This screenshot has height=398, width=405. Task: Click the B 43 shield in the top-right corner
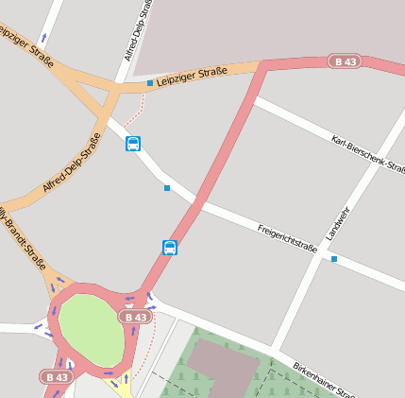click(344, 61)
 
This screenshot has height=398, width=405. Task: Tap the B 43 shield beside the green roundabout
click(135, 317)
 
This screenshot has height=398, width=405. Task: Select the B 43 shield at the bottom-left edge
click(56, 376)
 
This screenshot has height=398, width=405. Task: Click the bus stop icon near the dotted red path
click(133, 144)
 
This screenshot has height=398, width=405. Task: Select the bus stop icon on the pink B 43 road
click(170, 248)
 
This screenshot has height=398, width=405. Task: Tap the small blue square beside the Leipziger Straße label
click(149, 83)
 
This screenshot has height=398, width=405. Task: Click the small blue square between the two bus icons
click(167, 188)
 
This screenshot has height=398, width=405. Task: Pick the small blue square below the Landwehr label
click(333, 258)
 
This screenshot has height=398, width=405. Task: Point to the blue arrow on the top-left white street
click(43, 41)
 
